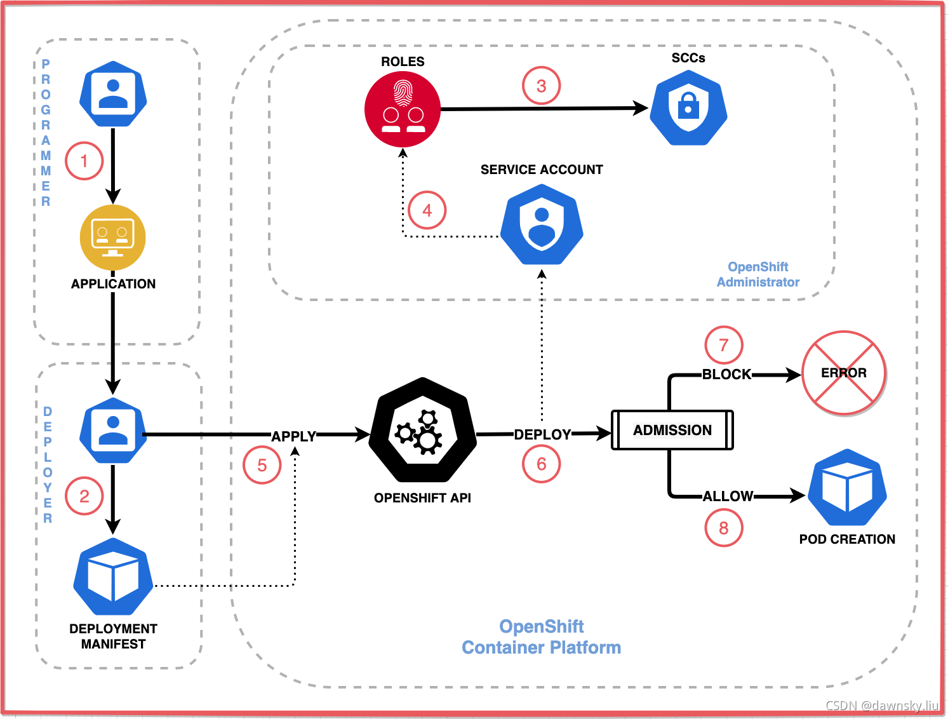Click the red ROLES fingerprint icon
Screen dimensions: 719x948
(x=403, y=109)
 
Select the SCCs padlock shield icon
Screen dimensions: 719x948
(x=688, y=108)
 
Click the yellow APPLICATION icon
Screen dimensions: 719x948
(x=113, y=238)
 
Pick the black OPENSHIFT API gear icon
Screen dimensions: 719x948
(x=423, y=430)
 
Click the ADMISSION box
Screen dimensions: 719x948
(x=672, y=430)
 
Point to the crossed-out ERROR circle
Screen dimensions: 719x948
(x=844, y=373)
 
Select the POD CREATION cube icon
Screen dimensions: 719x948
(x=847, y=488)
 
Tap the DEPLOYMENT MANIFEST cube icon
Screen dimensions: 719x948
(x=113, y=577)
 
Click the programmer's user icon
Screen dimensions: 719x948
(x=113, y=93)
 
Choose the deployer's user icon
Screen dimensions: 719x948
(x=113, y=431)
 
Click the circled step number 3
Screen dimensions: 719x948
(x=541, y=86)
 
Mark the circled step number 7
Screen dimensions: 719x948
(x=723, y=345)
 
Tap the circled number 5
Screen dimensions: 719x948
(x=262, y=465)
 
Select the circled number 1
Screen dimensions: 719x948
(x=84, y=161)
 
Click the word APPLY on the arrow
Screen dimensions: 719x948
(x=293, y=436)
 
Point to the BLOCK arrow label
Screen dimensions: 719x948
(x=726, y=374)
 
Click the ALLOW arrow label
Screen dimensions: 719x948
(x=728, y=496)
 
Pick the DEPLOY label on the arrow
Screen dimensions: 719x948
(x=542, y=434)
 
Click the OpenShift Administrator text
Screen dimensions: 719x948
(x=758, y=274)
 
